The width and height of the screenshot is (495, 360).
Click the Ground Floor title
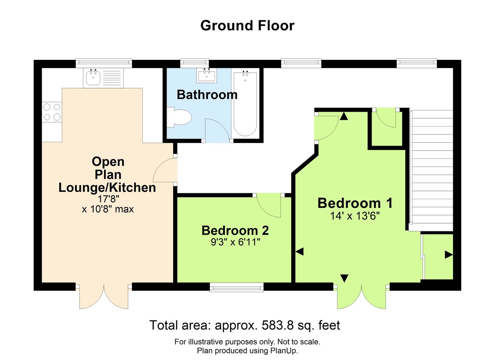[x=247, y=26]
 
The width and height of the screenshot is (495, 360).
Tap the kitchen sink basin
[x=92, y=77]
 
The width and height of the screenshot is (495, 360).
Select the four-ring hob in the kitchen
[x=52, y=112]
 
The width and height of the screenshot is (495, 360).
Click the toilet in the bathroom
[x=180, y=117]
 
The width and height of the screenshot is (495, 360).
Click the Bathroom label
[x=207, y=95]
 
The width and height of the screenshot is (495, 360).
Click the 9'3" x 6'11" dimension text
[x=235, y=241]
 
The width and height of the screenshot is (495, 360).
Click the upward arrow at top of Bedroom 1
[x=344, y=117]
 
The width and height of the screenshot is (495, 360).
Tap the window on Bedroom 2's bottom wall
[x=236, y=287]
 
